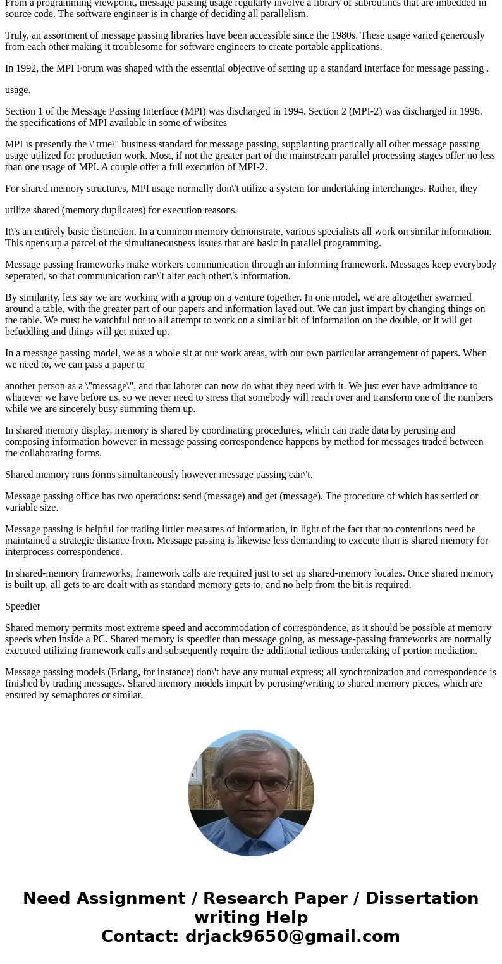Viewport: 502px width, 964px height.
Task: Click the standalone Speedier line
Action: tap(23, 606)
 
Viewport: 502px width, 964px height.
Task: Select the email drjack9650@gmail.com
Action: tap(292, 936)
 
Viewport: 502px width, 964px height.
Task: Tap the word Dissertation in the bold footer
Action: tap(422, 898)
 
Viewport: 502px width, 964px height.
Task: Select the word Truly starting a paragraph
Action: tap(17, 35)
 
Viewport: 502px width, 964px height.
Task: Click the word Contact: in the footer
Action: tap(140, 936)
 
